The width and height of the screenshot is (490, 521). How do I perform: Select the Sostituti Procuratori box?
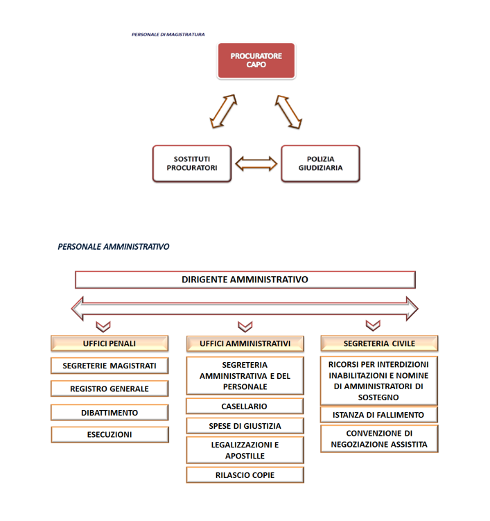[x=192, y=164]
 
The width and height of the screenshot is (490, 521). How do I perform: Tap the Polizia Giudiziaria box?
[x=320, y=164]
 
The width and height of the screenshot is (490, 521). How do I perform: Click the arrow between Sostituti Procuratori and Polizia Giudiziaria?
[x=256, y=164]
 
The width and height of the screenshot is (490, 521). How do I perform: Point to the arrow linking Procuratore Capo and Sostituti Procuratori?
[x=223, y=112]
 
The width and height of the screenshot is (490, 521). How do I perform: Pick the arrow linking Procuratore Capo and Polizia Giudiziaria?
[x=289, y=112]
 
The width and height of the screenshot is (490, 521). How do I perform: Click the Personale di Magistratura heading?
[x=168, y=34]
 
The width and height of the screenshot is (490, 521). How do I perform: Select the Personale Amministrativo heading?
[x=114, y=246]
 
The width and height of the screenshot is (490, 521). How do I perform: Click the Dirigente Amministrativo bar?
[x=245, y=280]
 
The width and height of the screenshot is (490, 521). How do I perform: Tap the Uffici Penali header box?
[x=110, y=343]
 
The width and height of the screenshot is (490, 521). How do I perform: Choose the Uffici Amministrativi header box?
[x=245, y=343]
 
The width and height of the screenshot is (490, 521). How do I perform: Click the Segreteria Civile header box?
[x=379, y=343]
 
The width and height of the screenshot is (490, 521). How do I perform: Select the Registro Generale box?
[x=110, y=388]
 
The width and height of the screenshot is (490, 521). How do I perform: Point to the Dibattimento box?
[x=110, y=412]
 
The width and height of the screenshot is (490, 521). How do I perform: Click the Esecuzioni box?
[x=110, y=435]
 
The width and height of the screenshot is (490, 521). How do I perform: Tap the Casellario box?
[x=245, y=406]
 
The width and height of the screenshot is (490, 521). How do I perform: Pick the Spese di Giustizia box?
[x=245, y=426]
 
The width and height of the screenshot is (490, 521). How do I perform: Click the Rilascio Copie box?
[x=245, y=475]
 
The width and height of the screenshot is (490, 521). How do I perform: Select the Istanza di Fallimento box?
[x=379, y=415]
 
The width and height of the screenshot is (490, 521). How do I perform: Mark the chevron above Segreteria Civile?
[x=373, y=325]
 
